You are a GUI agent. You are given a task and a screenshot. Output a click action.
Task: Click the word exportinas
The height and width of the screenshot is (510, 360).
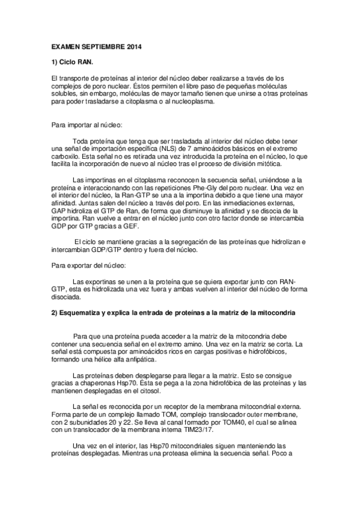click(100, 281)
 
